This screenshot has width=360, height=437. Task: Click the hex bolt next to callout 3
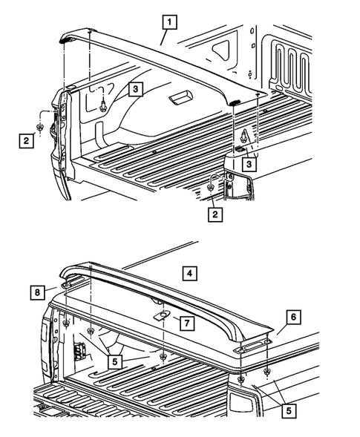pos(102,105)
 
